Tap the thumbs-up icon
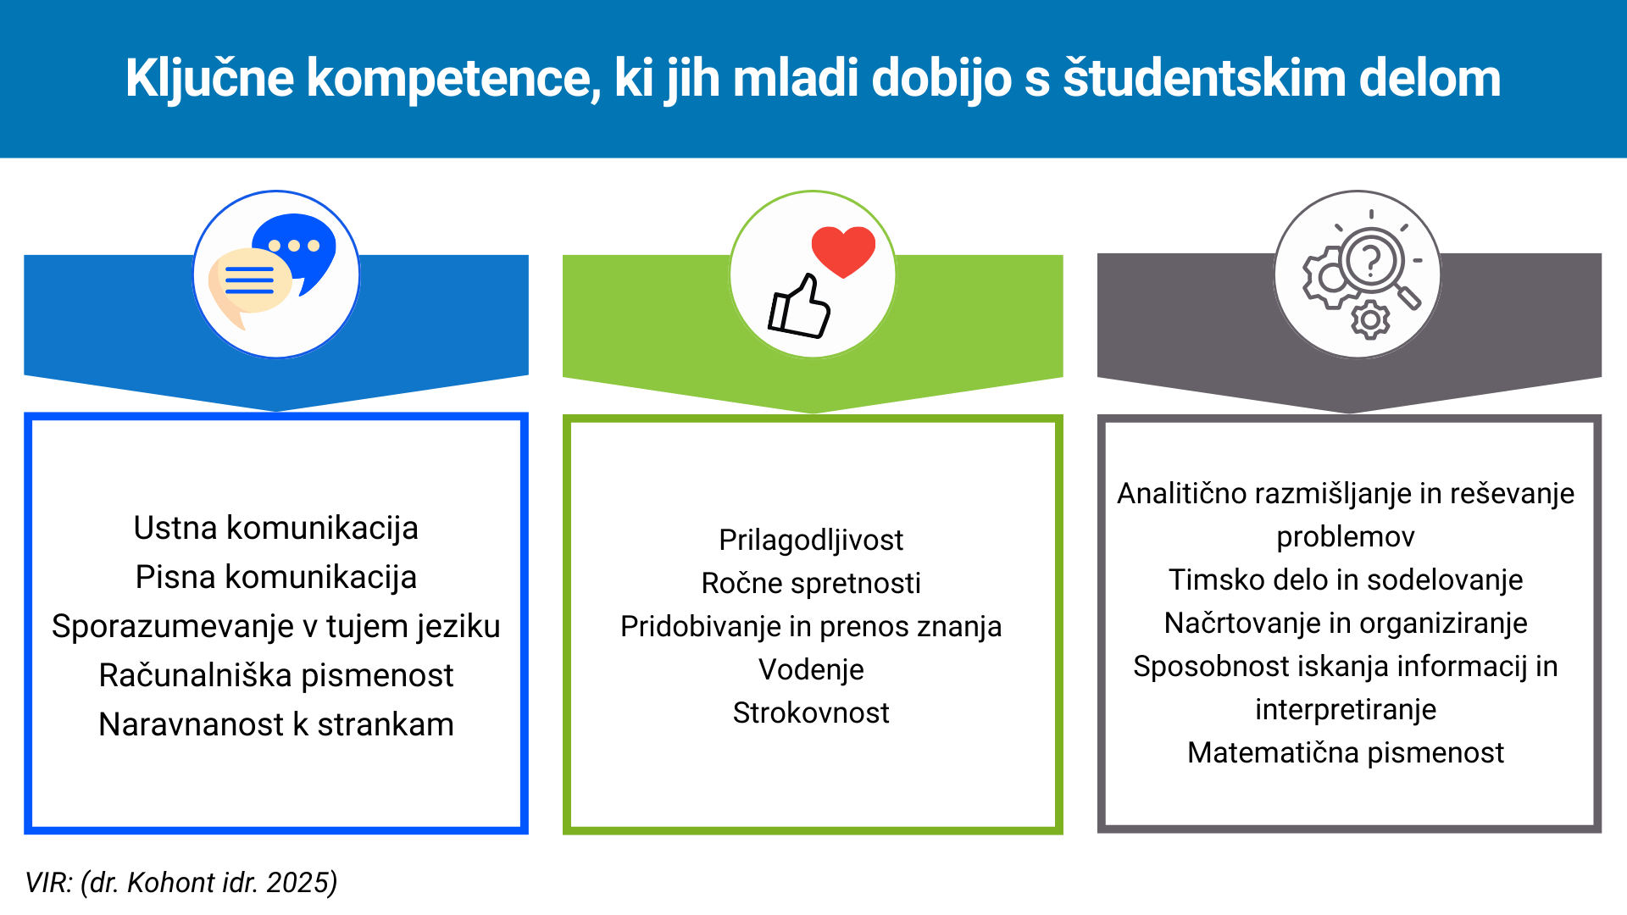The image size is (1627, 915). (x=799, y=307)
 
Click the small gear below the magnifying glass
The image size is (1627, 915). (x=1370, y=320)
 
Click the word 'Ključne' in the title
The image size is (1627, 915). (x=209, y=78)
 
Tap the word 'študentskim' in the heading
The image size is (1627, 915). (x=1204, y=78)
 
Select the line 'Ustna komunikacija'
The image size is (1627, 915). (x=276, y=528)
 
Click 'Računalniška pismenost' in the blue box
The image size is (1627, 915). (x=276, y=675)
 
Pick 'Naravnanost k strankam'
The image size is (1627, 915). (x=276, y=724)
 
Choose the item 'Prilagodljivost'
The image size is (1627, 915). (x=811, y=541)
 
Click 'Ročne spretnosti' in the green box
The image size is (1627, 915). (x=811, y=583)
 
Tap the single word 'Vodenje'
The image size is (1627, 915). (x=811, y=669)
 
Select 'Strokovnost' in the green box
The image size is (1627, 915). (x=811, y=713)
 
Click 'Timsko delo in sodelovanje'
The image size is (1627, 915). (x=1346, y=579)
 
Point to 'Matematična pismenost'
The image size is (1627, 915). (x=1346, y=752)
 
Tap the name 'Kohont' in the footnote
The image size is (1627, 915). (x=171, y=883)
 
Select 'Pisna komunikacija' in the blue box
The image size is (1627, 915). (x=276, y=577)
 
